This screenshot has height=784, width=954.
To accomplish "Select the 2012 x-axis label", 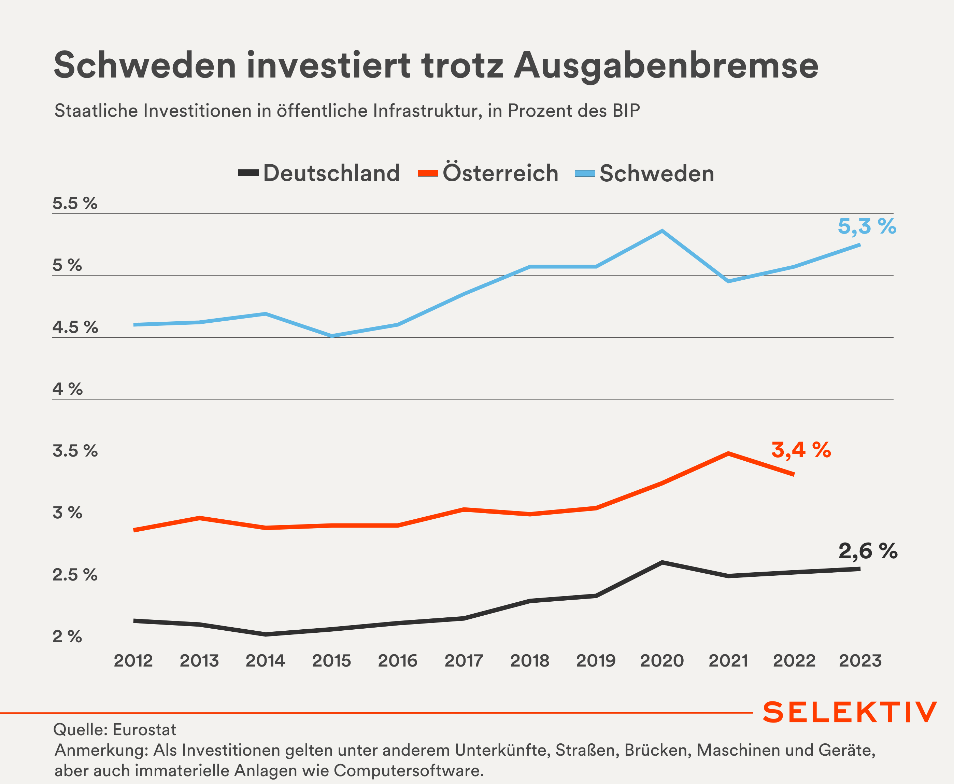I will point(133,661).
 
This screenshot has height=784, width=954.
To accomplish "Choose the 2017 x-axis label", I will point(464,661).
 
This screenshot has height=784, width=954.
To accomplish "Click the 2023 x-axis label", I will point(860,661).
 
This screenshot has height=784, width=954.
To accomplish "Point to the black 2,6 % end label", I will point(868,551).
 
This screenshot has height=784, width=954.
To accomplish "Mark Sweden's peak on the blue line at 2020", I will point(662,231).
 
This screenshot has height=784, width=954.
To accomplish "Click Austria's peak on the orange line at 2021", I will point(728,453).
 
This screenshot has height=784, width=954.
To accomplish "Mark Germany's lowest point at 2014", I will point(266,634).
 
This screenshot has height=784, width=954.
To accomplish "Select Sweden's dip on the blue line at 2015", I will point(332,336).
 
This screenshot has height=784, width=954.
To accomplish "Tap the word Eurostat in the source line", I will point(144,730).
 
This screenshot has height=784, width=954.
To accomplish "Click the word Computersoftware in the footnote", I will point(408,770).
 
